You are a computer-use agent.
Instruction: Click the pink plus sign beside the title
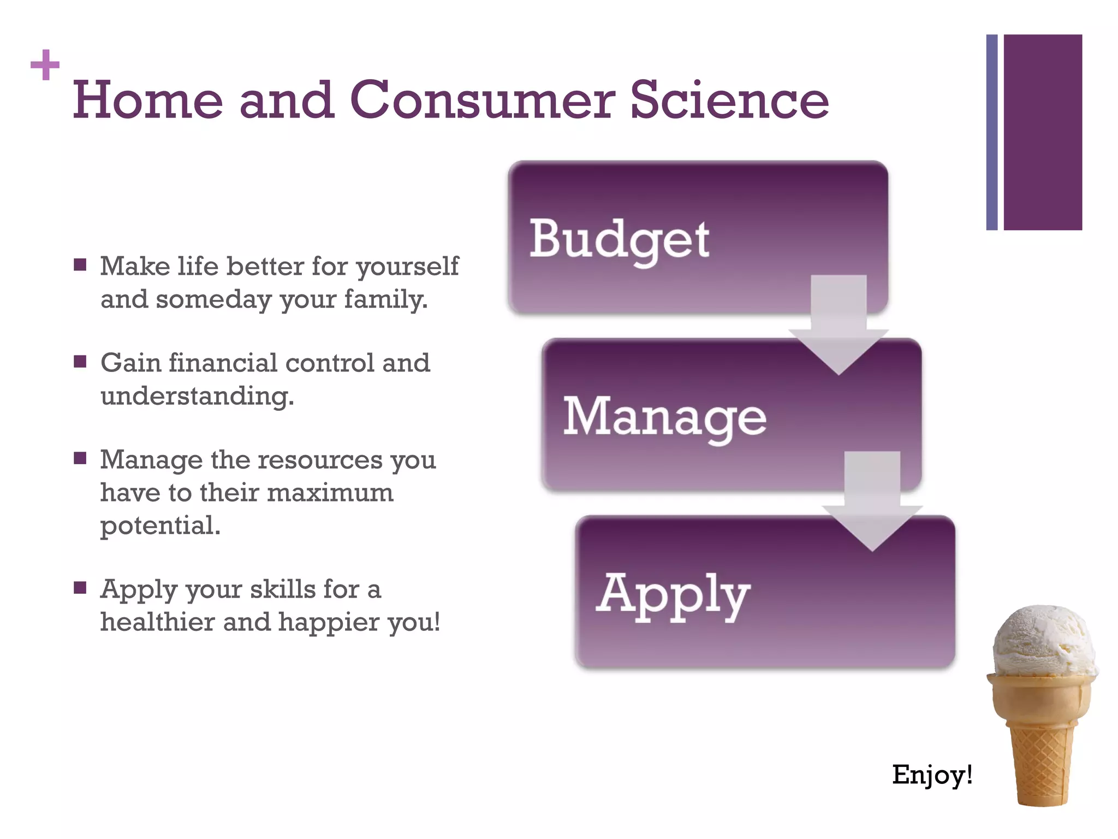click(45, 65)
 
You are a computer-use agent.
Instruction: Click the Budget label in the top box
click(619, 240)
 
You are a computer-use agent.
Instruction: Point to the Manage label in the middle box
click(664, 417)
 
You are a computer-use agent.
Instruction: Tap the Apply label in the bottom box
click(673, 595)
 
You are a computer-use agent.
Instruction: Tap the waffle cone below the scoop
click(1040, 743)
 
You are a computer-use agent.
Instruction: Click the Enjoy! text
click(932, 775)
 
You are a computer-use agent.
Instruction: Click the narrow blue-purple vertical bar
click(991, 132)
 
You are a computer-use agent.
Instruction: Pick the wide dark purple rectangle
click(1043, 132)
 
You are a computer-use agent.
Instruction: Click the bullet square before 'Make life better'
click(80, 265)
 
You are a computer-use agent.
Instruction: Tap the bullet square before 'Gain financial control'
click(80, 362)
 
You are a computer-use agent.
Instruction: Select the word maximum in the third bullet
click(330, 493)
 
